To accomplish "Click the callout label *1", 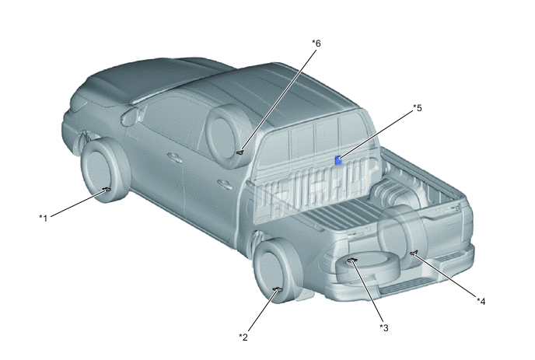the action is (43, 218).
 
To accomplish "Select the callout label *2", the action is (243, 337).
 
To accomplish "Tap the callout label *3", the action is (384, 327).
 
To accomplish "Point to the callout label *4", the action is (481, 301).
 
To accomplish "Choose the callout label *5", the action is (418, 108).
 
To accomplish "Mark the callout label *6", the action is (316, 44).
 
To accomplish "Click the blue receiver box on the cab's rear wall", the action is (338, 160).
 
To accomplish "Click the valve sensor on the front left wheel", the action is (107, 189).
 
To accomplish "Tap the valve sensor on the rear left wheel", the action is (278, 290).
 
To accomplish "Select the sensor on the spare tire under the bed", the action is (351, 260).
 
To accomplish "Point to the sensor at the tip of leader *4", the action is (413, 253).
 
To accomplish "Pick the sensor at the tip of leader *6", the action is (240, 152).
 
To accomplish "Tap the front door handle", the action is (175, 157).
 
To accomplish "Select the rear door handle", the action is (225, 184).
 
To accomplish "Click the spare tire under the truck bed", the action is (368, 268).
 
